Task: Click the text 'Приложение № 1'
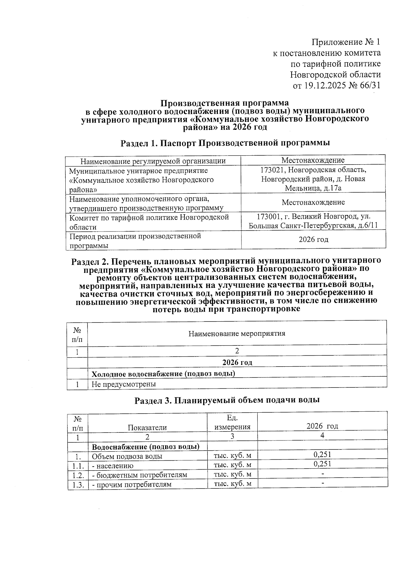coord(346,42)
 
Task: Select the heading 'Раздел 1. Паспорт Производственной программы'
coord(225,143)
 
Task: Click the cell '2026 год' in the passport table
coord(313,239)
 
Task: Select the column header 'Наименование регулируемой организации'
coord(153,161)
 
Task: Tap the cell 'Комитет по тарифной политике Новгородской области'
coord(149,222)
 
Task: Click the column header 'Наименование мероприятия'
coord(237,333)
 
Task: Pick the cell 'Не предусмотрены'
coord(124,384)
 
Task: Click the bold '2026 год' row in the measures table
coord(237,362)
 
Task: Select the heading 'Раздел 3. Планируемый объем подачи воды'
coord(227,400)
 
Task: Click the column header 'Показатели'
coord(147,427)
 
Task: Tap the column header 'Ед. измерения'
coord(232,422)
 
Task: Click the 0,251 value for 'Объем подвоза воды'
coord(322,455)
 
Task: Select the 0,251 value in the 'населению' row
coord(322,464)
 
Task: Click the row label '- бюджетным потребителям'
coord(139,475)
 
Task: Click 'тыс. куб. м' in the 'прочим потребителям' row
coord(232,484)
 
